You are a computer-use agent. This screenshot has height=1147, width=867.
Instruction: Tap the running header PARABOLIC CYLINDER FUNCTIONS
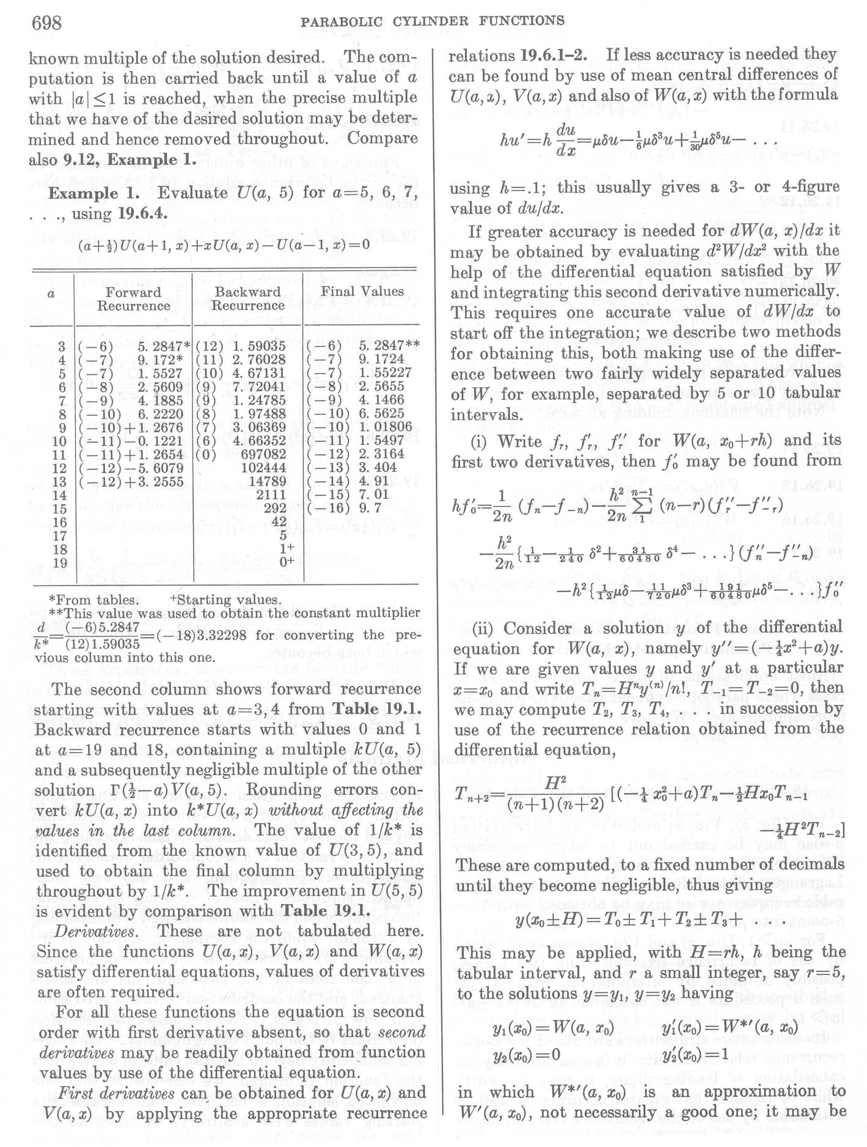[433, 21]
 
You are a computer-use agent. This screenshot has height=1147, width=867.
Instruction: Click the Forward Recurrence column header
[133, 298]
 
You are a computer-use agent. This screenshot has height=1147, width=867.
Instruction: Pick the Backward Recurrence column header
[247, 298]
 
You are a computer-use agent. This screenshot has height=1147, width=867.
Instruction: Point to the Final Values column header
[362, 291]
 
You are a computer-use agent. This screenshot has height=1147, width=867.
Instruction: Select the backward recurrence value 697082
[263, 454]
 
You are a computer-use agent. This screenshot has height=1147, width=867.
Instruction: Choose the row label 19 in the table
[59, 562]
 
